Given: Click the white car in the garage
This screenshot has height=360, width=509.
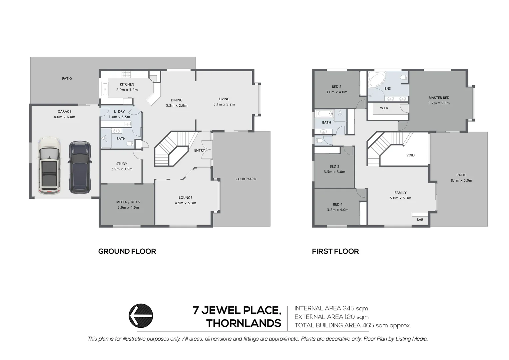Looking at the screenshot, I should click(50, 166).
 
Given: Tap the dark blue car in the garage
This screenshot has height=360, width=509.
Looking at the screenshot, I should click(80, 167).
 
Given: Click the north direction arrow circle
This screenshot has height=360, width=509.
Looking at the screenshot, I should click(141, 316).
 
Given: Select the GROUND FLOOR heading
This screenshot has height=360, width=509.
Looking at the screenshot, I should click(127, 251).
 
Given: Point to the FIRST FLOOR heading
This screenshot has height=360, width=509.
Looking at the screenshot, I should click(335, 251).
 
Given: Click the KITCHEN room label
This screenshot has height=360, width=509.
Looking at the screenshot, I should click(127, 84).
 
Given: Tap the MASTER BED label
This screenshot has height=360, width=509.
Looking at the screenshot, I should click(439, 98).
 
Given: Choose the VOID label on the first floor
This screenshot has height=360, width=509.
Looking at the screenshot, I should click(410, 155).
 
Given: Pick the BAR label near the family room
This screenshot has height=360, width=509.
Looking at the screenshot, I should click(420, 220).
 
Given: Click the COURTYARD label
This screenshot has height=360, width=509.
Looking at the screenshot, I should click(246, 179).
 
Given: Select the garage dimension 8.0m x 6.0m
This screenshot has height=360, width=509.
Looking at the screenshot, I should click(64, 117).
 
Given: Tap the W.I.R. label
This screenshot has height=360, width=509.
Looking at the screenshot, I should click(384, 108).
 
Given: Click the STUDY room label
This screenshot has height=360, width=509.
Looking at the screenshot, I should click(122, 164).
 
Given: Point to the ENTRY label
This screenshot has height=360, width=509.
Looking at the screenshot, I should click(200, 150).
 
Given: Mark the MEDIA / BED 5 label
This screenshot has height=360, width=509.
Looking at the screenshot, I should click(128, 202).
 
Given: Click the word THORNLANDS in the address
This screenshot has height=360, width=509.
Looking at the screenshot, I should click(244, 323).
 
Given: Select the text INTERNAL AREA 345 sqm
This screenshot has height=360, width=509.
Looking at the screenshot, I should click(331, 308).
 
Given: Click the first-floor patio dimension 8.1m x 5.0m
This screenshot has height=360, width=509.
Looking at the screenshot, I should click(461, 180).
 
